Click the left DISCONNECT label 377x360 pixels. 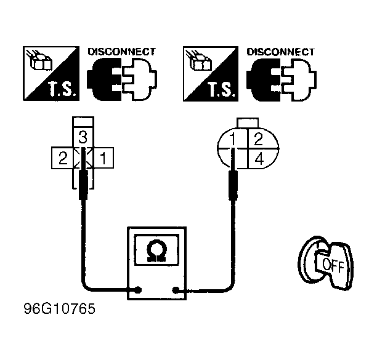tap(121, 52)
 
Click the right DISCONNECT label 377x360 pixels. tap(281, 52)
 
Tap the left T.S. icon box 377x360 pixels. tap(51, 73)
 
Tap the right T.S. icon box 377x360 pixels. tap(211, 74)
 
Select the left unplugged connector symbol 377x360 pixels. tap(122, 79)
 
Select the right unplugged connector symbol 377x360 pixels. tap(282, 79)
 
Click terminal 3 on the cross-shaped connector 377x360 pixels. tap(83, 137)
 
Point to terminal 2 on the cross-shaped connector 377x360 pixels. tap(62, 158)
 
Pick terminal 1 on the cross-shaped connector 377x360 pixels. tap(103, 158)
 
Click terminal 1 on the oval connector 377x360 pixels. tap(233, 139)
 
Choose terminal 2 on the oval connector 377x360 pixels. tap(259, 139)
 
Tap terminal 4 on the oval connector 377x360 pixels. tap(259, 159)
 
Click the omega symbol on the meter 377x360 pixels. tap(156, 250)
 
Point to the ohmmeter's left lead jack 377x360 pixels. tap(138, 290)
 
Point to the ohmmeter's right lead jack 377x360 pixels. tap(176, 290)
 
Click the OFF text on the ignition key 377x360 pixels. tap(333, 265)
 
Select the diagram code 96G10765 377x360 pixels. tap(60, 308)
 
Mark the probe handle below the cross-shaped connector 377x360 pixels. tap(83, 185)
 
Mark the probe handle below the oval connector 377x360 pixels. tap(233, 185)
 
